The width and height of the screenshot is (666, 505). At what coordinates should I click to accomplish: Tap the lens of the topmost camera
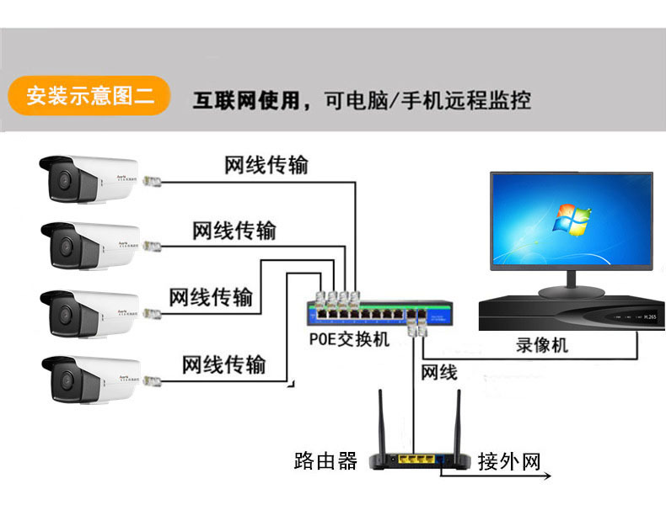coord(62,178)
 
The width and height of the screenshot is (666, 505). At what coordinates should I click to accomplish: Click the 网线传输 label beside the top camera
coord(266,165)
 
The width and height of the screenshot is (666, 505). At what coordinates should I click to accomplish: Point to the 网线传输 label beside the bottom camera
coord(224,364)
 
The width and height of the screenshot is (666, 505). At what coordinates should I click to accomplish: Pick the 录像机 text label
coord(542,345)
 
